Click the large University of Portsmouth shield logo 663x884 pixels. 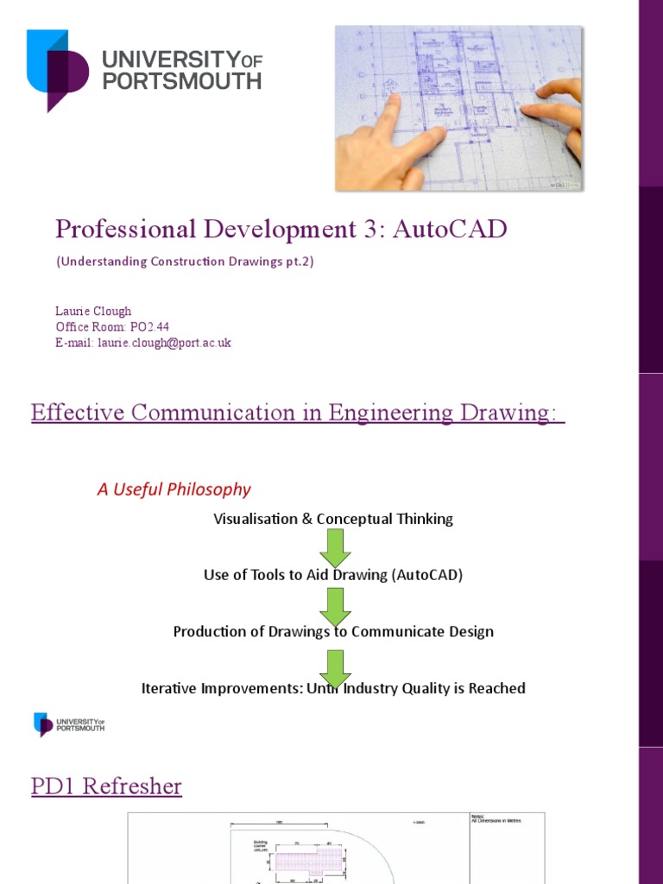57,69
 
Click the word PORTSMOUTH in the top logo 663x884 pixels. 181,81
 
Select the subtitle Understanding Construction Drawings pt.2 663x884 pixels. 185,262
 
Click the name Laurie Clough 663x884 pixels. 94,311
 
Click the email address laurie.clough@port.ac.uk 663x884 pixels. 163,343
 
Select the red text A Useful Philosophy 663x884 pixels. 174,489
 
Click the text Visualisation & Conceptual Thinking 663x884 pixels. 332,519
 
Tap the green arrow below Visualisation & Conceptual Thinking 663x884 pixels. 334,547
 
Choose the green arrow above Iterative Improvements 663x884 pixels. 334,667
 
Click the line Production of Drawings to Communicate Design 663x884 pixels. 333,631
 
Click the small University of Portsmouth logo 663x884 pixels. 68,723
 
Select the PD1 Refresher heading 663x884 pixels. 106,786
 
